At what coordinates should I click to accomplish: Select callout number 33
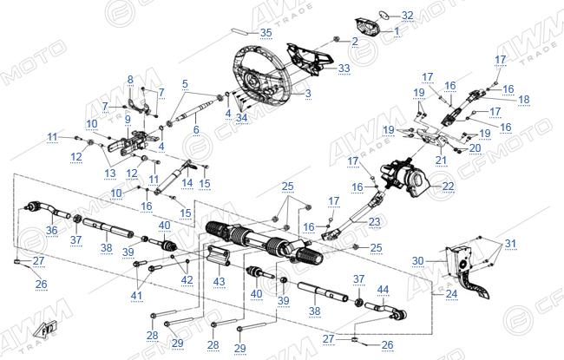tap(344, 68)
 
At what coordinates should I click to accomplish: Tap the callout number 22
tap(449, 186)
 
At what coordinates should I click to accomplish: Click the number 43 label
tap(219, 282)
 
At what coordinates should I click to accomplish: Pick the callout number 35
tap(266, 33)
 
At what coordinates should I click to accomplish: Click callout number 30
tap(418, 260)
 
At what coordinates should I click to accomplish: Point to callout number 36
tap(52, 230)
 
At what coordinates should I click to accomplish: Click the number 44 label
tap(383, 290)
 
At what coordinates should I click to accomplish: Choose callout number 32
tap(408, 16)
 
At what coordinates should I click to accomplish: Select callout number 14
tap(187, 183)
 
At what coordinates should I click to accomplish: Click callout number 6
tap(196, 129)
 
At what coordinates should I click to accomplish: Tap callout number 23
tap(375, 221)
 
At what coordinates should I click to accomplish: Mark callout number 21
tap(441, 160)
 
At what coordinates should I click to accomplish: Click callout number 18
tap(524, 99)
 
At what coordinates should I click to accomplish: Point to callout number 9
tap(128, 120)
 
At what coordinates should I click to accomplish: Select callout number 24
tap(452, 294)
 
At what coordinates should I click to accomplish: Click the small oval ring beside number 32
tap(384, 15)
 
